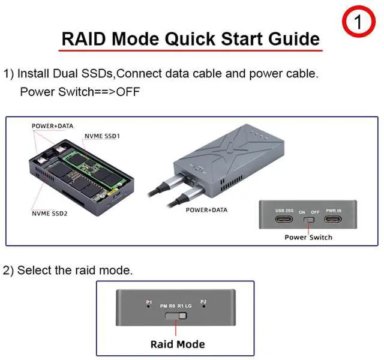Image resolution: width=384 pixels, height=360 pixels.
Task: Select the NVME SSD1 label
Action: pyautogui.click(x=102, y=136)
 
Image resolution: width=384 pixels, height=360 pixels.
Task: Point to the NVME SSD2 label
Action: pyautogui.click(x=49, y=213)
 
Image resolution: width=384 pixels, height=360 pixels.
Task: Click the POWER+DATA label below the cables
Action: pyautogui.click(x=207, y=210)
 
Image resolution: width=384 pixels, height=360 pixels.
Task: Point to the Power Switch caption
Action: pyautogui.click(x=308, y=237)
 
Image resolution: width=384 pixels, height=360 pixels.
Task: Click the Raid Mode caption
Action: pyautogui.click(x=177, y=344)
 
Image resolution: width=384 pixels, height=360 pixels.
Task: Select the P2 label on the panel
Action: pyautogui.click(x=203, y=301)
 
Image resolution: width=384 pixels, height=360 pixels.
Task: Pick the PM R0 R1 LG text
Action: pyautogui.click(x=176, y=305)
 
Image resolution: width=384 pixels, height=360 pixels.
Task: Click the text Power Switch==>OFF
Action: pyautogui.click(x=80, y=92)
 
